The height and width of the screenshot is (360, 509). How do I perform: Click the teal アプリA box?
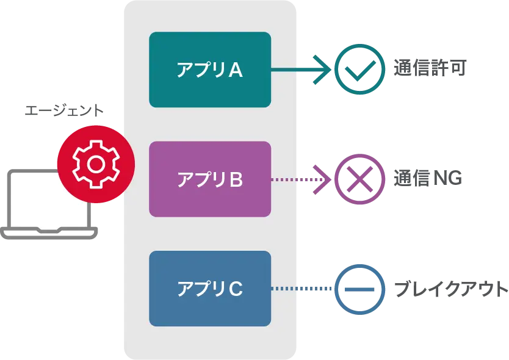tap(210, 70)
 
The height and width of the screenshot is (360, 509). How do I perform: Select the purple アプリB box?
tap(210, 179)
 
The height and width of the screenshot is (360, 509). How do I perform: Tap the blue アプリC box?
tap(210, 288)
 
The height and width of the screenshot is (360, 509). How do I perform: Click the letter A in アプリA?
tap(236, 71)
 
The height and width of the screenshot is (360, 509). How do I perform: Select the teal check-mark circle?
tap(359, 70)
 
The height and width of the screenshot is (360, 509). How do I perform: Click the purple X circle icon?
tap(359, 179)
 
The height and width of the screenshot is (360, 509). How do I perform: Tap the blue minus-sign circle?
tap(359, 289)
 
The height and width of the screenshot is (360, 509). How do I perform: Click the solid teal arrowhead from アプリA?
tap(322, 70)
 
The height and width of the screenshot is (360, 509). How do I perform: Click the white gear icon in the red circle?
tap(95, 164)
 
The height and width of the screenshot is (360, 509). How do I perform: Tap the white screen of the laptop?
tap(43, 201)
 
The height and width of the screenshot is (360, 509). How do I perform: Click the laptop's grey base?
tap(49, 232)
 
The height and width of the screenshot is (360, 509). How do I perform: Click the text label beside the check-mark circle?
tap(429, 69)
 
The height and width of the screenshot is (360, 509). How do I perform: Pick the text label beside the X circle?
tap(426, 178)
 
